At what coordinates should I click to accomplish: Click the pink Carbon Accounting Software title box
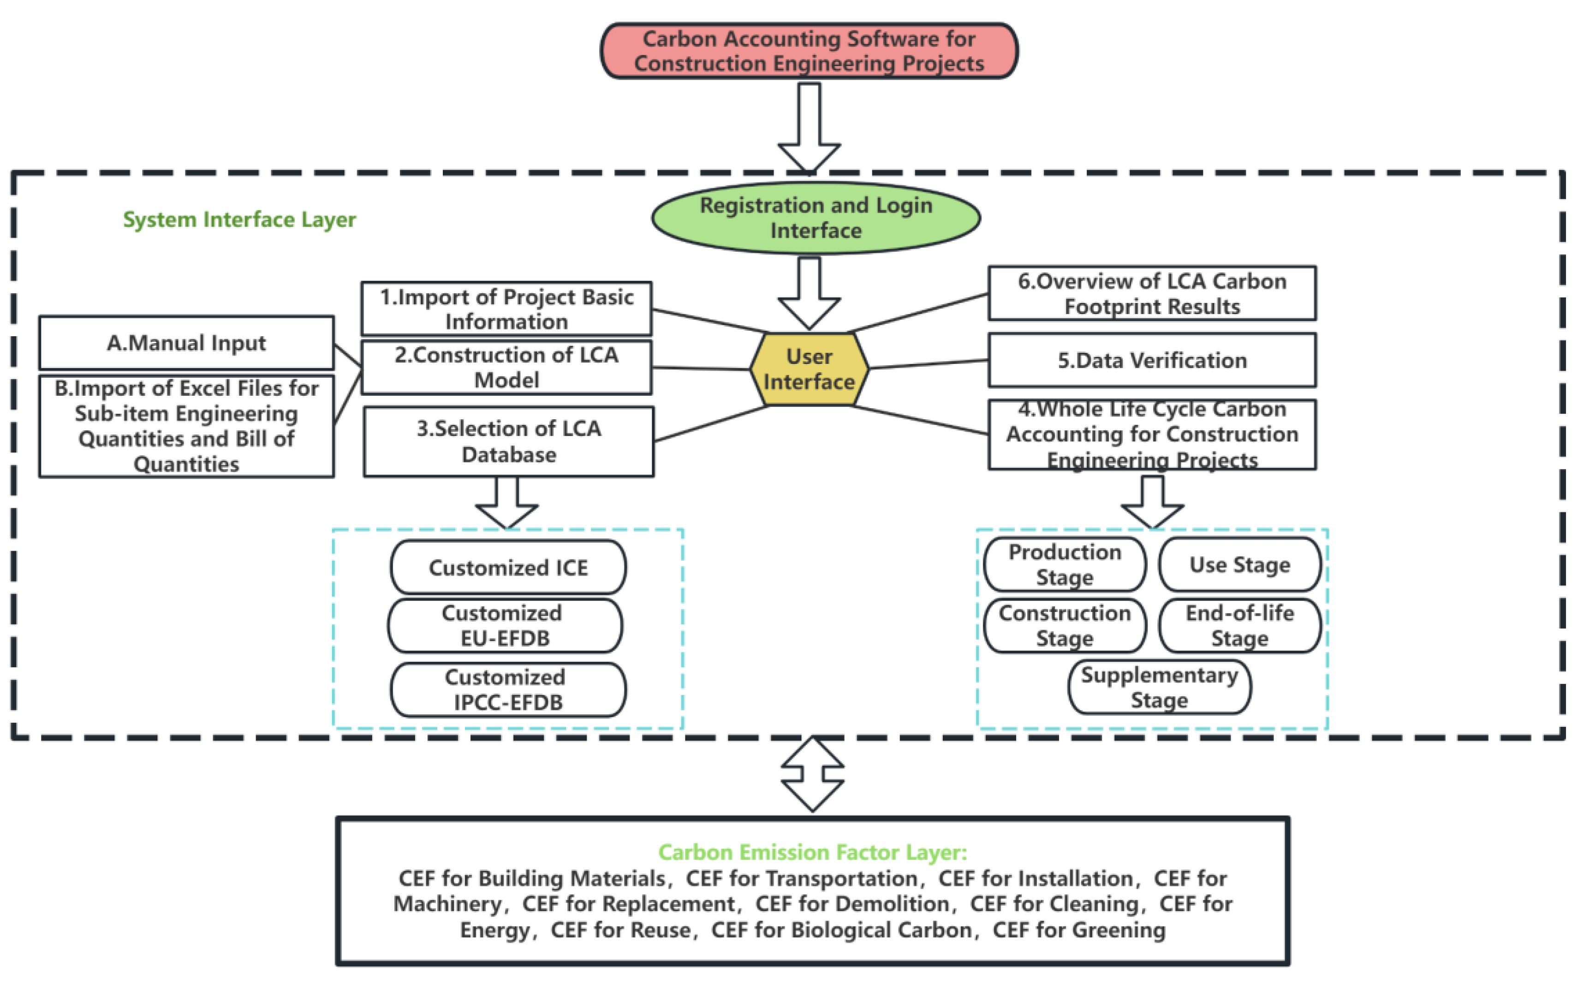point(809,51)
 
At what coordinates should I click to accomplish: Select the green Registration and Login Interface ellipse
point(816,218)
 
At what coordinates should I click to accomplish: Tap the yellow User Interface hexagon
point(809,369)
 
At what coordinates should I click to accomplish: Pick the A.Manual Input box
point(186,343)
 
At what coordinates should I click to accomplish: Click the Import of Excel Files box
point(186,426)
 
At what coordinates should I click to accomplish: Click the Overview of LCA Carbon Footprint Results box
point(1152,293)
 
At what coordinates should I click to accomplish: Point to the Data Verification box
point(1152,360)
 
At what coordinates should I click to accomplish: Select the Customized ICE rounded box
point(508,568)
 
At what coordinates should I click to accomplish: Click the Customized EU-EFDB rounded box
point(505,625)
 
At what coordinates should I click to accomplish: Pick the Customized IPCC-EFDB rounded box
point(508,690)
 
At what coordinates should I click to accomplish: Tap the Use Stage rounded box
point(1239,565)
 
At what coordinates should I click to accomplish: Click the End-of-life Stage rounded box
point(1239,625)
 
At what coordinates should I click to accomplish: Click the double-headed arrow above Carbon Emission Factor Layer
point(812,774)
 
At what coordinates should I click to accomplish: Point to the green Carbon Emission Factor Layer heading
point(812,852)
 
